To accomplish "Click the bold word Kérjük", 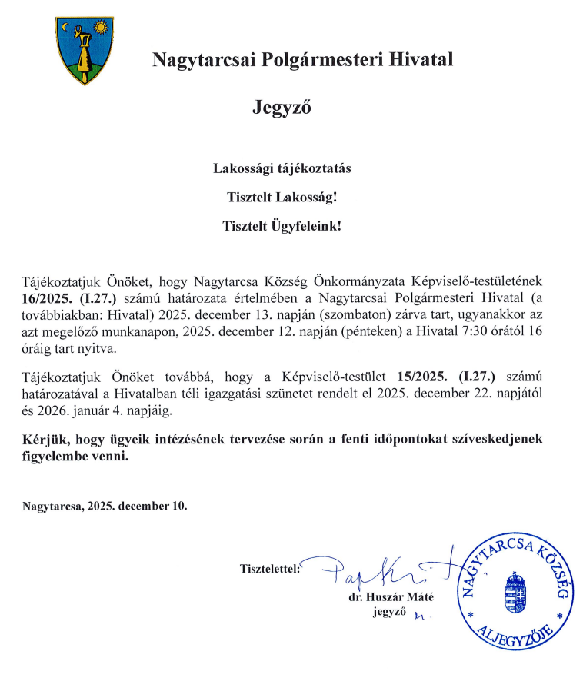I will [x=44, y=439].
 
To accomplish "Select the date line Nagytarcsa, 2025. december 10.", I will [x=105, y=507].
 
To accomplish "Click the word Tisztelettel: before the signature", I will [x=271, y=570].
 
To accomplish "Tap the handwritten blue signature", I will [x=377, y=568].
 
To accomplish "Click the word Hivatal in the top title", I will [x=421, y=58].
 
